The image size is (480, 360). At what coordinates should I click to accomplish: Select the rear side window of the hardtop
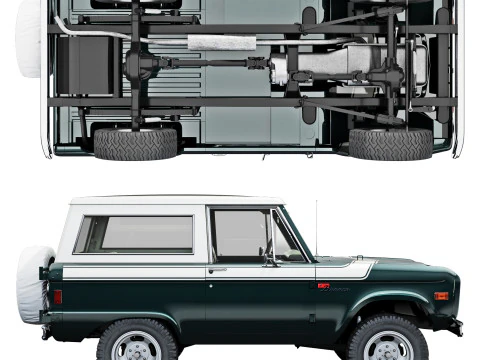click(x=135, y=234)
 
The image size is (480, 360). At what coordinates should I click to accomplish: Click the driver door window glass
click(x=241, y=235)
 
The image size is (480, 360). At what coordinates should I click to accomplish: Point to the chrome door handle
click(x=217, y=269)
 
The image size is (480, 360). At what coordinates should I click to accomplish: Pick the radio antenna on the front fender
click(x=316, y=230)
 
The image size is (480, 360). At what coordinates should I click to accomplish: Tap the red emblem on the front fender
click(x=323, y=286)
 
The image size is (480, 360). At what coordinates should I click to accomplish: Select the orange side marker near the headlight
click(x=441, y=296)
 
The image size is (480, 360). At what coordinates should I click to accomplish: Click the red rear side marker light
click(x=58, y=297)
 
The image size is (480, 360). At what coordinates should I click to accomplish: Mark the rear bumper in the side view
click(x=45, y=331)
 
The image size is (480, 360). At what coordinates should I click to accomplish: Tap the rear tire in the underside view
click(x=135, y=143)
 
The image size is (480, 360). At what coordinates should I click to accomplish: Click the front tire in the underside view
click(x=390, y=143)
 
